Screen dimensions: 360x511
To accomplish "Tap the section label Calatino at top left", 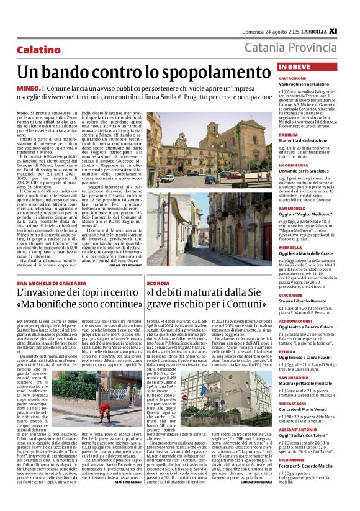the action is [38, 49].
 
